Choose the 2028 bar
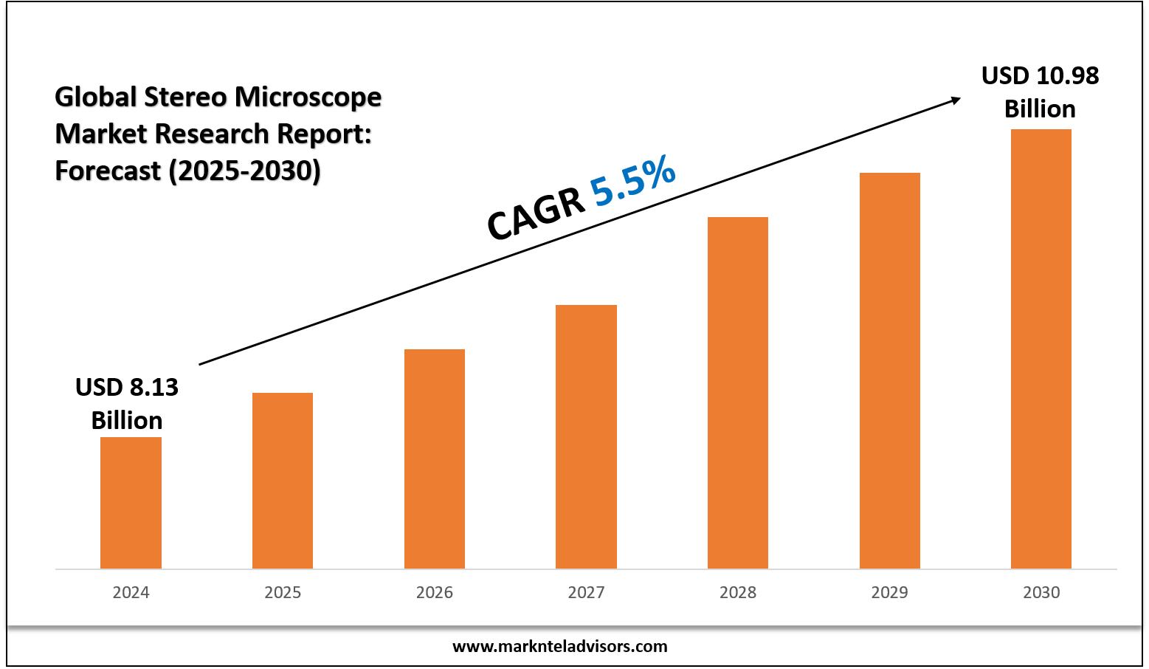[738, 392]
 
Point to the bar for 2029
[890, 370]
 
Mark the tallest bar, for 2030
[1041, 349]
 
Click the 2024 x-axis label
[131, 592]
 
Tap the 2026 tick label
[435, 592]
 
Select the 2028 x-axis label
[738, 592]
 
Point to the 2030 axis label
[1041, 592]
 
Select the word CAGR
[534, 214]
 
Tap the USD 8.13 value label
[127, 387]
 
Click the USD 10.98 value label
[1040, 76]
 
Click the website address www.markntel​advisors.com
[559, 647]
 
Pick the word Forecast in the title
[108, 171]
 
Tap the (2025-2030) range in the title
[244, 171]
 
